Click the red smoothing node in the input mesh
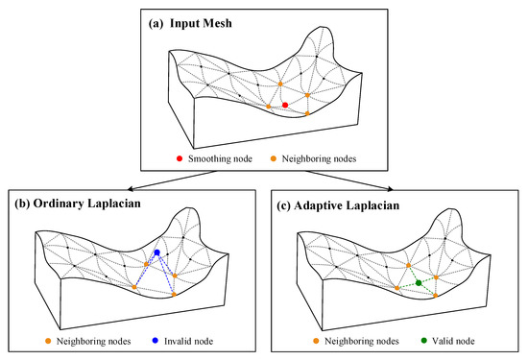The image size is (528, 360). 285,105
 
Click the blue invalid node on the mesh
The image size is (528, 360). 156,252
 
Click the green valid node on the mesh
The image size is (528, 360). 419,282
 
